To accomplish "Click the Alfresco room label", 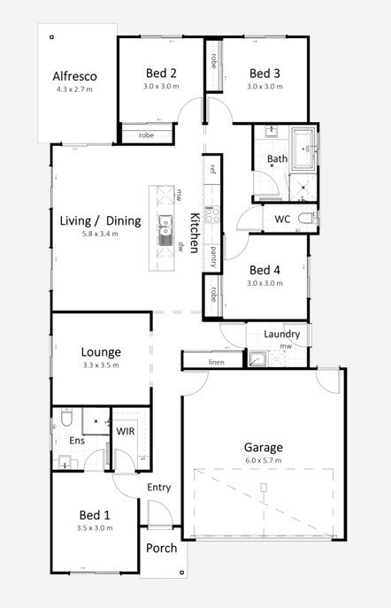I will coord(75,76).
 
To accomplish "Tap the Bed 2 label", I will coord(161,73).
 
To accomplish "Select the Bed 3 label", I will coord(264,73).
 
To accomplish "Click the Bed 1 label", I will coord(95,514).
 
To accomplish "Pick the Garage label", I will coord(264,448).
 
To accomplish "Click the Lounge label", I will coord(101,351).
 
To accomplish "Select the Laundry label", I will coord(282,334).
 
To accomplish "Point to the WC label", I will coord(282,219).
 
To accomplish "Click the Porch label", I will coord(162,548).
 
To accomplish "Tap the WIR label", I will coord(126,430).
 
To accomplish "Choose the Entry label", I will coord(159,488).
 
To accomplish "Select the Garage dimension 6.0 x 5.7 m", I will coord(264,461).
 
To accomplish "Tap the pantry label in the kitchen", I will coord(213,257).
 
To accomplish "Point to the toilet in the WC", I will coord(304,218).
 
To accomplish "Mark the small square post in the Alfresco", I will coord(52,37).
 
